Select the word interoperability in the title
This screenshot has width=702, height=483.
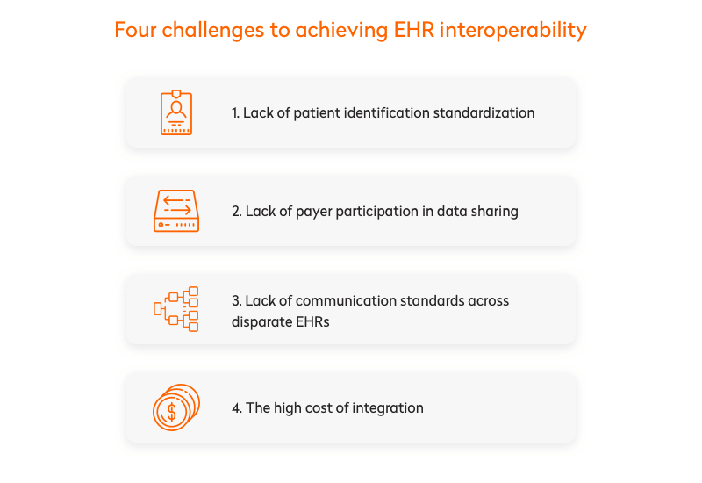point(513,31)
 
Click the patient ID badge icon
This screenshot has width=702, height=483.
point(176,112)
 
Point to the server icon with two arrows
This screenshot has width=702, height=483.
point(176,211)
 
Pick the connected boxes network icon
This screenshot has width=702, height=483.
point(176,309)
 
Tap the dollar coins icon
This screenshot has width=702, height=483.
point(176,407)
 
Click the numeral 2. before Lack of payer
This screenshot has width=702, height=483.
point(237,211)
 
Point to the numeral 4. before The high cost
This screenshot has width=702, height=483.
point(237,407)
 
